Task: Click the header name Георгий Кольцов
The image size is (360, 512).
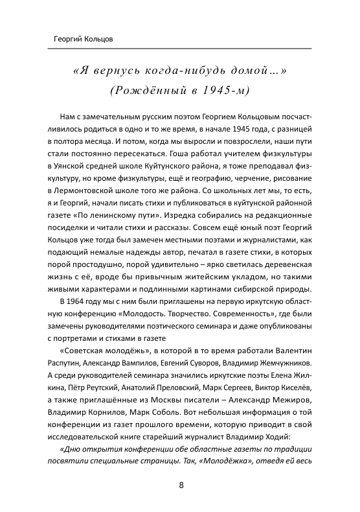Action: [x=84, y=39]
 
